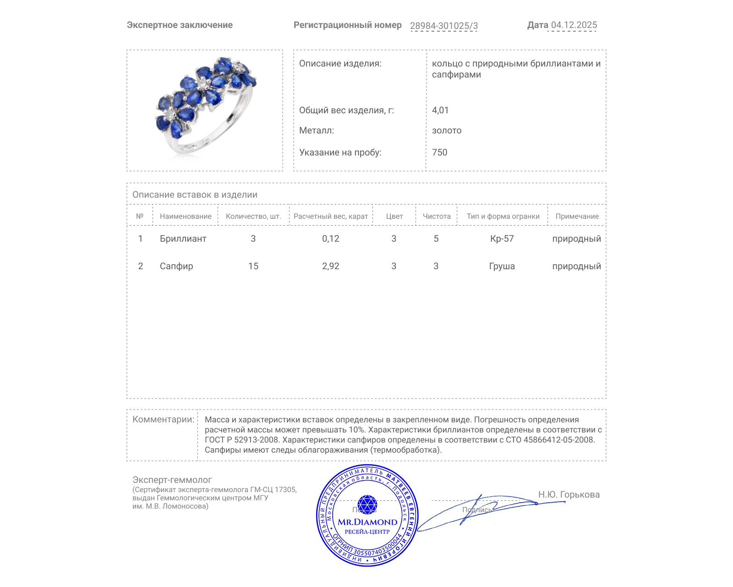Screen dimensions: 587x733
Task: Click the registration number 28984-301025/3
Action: click(x=443, y=26)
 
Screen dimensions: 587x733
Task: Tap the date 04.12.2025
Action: click(x=574, y=25)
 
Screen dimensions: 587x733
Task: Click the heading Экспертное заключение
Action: click(x=180, y=25)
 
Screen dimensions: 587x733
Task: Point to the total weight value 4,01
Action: click(x=440, y=110)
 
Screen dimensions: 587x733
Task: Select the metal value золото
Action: click(x=447, y=130)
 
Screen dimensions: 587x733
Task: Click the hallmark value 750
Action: click(x=439, y=152)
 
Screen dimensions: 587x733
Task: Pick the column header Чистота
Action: click(x=437, y=216)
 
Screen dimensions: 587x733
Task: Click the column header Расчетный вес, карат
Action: click(x=331, y=216)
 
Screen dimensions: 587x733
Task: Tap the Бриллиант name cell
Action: click(x=183, y=238)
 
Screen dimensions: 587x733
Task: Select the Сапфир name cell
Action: click(x=176, y=266)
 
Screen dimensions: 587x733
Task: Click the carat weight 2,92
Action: click(x=331, y=266)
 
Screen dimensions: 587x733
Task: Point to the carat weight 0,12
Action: click(x=331, y=238)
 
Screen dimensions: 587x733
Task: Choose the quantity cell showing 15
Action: click(x=253, y=266)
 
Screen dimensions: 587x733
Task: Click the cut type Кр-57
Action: click(x=502, y=238)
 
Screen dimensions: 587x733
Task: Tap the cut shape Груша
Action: click(x=502, y=266)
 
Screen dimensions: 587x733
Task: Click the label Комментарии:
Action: click(x=163, y=419)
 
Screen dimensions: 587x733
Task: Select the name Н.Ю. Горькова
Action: click(x=569, y=494)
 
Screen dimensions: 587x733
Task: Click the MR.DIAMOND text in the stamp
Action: click(x=367, y=522)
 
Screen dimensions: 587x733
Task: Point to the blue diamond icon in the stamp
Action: click(x=367, y=504)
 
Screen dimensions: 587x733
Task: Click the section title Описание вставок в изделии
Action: click(x=195, y=194)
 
